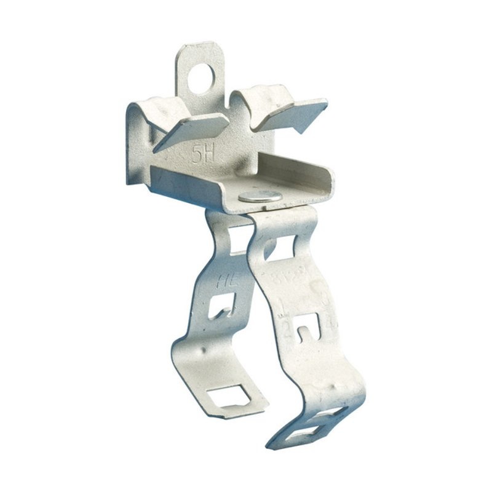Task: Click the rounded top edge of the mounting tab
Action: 200,46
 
